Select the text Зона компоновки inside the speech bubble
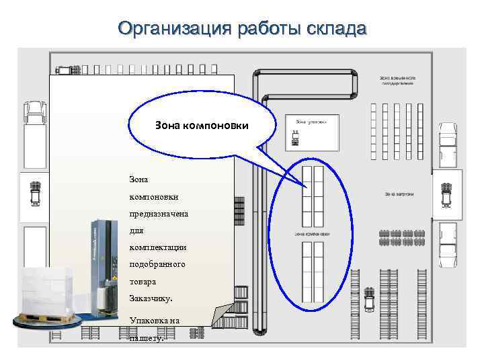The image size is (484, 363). click(x=202, y=125)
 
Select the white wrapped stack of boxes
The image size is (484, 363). click(x=47, y=289)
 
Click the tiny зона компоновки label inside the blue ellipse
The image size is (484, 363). click(x=312, y=234)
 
